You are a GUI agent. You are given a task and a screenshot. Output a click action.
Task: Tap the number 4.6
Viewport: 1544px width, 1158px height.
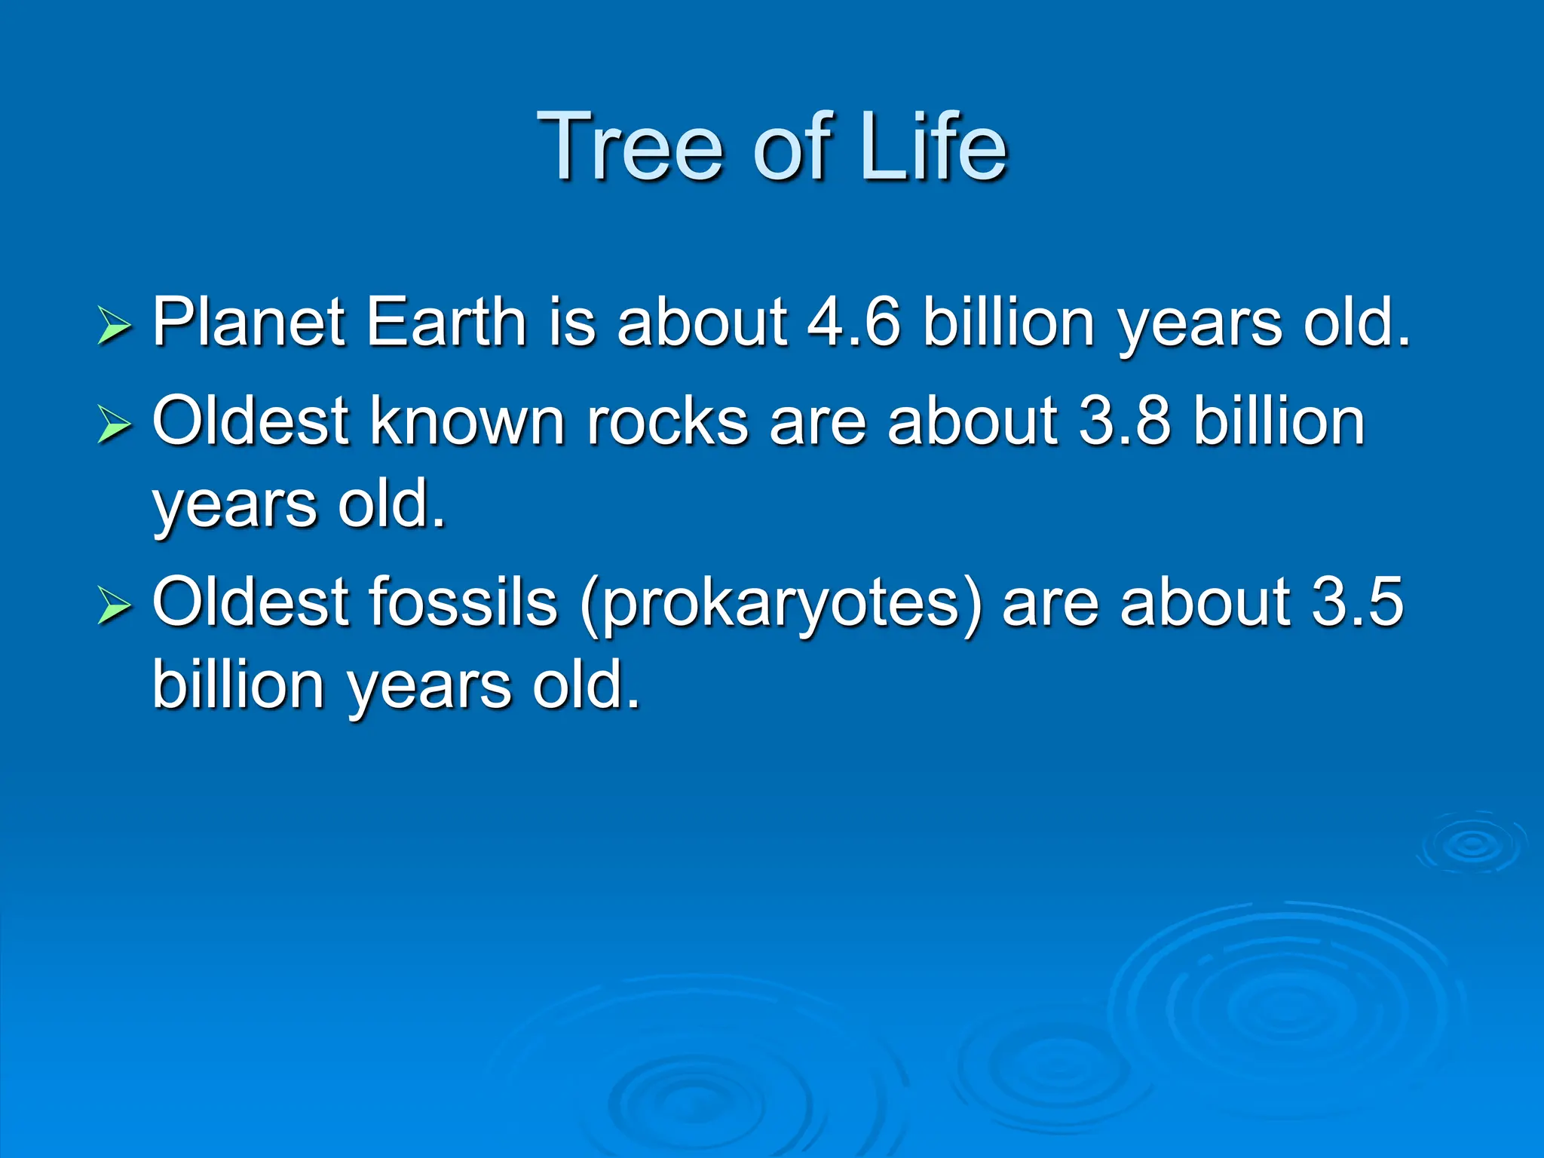(853, 322)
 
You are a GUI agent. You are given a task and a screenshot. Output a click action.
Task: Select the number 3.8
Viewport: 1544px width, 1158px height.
(1125, 421)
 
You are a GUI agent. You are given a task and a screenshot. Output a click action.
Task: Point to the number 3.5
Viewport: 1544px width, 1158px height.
(1358, 602)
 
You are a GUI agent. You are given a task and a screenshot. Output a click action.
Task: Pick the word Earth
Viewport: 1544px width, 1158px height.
(446, 322)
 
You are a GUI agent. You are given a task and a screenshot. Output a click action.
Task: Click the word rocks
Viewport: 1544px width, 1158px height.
(667, 421)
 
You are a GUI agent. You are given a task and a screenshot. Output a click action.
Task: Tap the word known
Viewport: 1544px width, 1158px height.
(467, 421)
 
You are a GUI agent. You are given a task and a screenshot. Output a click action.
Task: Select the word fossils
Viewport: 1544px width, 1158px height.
(463, 602)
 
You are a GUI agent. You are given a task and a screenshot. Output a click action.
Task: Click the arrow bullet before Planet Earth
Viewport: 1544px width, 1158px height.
(114, 327)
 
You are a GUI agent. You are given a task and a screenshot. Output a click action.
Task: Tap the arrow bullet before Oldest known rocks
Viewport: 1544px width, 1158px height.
(114, 425)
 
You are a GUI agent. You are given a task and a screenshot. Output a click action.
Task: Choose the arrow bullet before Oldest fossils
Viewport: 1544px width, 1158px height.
(114, 606)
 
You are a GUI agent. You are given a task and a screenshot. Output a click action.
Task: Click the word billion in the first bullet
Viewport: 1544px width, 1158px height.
(1008, 322)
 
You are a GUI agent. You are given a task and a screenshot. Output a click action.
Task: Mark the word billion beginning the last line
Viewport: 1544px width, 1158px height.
(238, 685)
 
